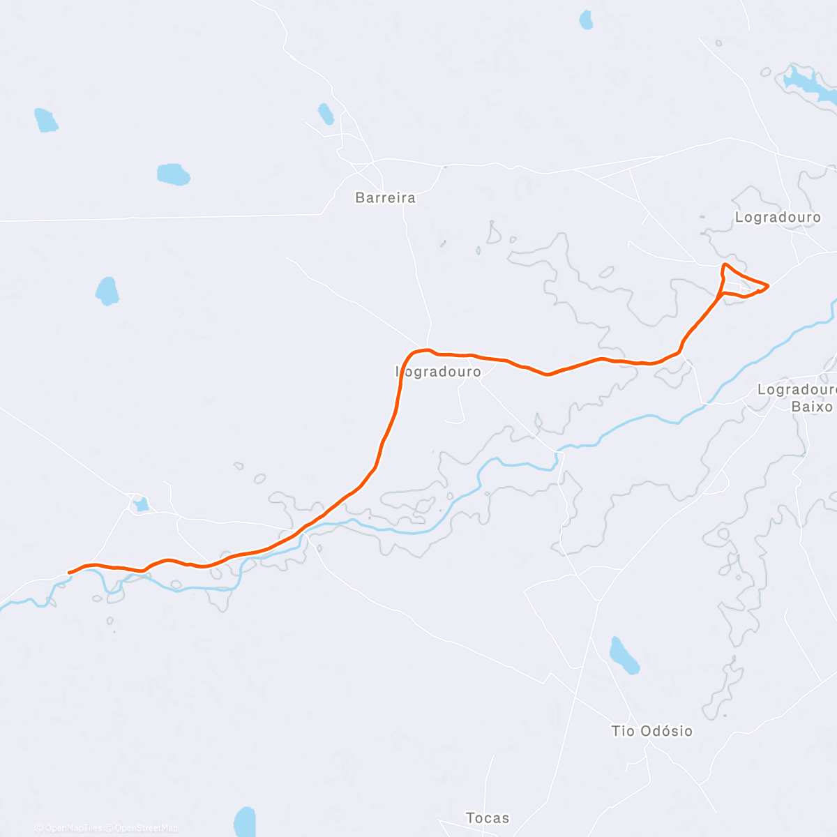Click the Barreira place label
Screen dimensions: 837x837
[385, 198]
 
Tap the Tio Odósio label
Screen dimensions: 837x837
[651, 731]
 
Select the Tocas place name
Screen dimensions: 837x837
[488, 817]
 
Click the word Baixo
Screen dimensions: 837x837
[812, 406]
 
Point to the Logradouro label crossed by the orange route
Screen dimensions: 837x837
[439, 372]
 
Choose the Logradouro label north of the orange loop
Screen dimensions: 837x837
[778, 218]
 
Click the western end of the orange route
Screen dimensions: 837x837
[69, 573]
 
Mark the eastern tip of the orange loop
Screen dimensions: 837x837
[768, 285]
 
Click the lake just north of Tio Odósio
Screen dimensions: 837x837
[624, 656]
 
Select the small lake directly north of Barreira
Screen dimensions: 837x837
[326, 114]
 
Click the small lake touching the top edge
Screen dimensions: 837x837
[586, 20]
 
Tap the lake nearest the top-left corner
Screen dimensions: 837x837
[46, 120]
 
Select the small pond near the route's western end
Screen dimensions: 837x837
[141, 504]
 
